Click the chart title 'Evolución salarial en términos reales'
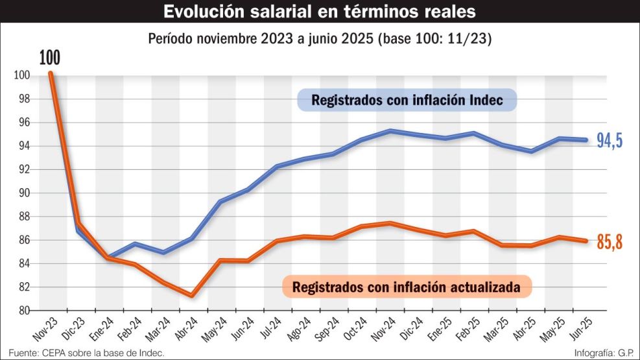[320, 12]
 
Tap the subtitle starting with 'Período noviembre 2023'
[320, 38]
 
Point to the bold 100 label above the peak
[49, 57]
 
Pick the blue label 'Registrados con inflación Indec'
[407, 101]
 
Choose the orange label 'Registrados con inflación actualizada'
[407, 287]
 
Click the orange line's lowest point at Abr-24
[192, 295]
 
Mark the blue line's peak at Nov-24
[390, 130]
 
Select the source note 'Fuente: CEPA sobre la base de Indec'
[83, 353]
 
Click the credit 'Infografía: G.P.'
[604, 353]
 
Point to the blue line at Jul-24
[277, 167]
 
